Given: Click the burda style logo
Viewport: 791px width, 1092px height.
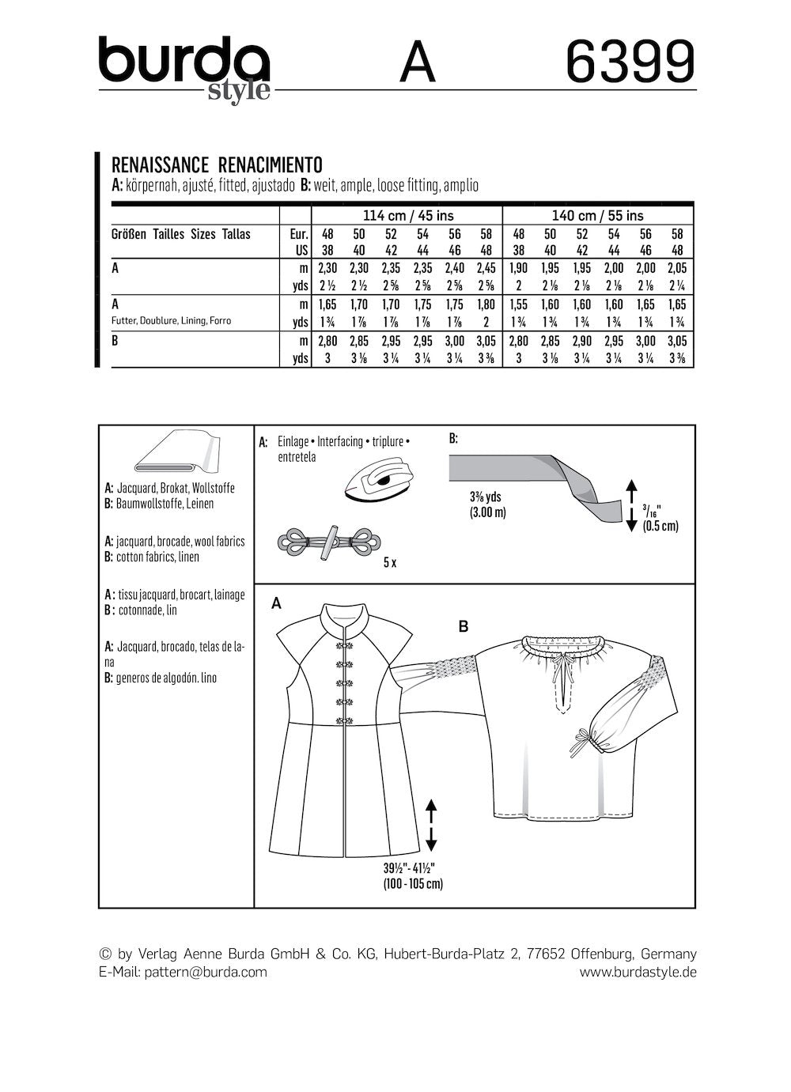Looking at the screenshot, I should (x=184, y=66).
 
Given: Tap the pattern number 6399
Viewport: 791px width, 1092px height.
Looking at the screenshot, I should (x=631, y=62).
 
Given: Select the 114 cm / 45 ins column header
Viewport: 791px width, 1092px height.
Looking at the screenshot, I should (x=408, y=215).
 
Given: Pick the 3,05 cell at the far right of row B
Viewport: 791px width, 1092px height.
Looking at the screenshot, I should (x=677, y=340).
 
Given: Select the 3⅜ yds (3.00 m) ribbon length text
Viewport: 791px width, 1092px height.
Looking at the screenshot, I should (x=483, y=504).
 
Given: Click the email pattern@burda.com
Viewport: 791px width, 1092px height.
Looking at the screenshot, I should (x=206, y=972).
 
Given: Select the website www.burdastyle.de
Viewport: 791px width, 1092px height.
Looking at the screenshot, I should (x=638, y=972).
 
